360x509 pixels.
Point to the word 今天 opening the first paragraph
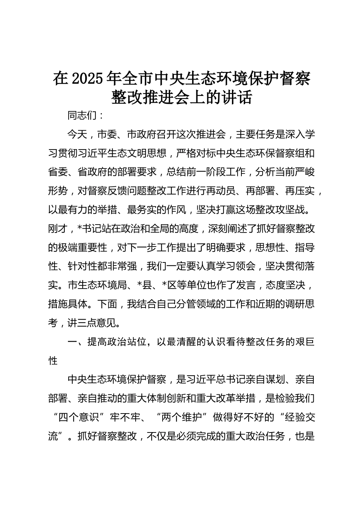click(77, 134)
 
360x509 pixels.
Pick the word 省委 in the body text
click(58, 172)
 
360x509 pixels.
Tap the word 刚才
click(58, 229)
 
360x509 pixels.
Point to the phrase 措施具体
click(67, 304)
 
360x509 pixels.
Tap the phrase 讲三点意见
click(92, 323)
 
